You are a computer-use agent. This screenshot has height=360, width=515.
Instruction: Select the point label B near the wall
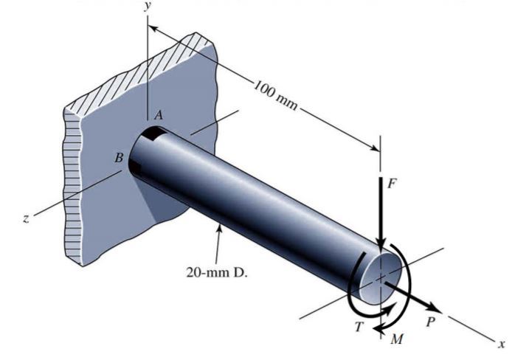pyautogui.click(x=118, y=157)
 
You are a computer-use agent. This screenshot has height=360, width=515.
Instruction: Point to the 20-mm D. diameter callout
pyautogui.click(x=211, y=271)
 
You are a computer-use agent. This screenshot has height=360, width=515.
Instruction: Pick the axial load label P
pyautogui.click(x=431, y=322)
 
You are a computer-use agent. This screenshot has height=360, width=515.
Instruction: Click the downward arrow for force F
pyautogui.click(x=380, y=214)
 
